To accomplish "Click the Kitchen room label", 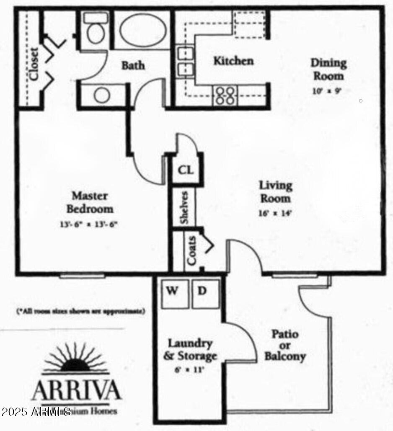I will [233, 61].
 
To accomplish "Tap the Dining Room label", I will [328, 70].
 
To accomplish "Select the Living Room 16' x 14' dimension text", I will [275, 213].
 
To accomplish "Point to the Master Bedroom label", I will [90, 202].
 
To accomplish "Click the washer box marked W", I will [172, 291].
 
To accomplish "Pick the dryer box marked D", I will [202, 291].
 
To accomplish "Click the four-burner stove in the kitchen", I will [225, 95].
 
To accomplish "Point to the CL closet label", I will [185, 170].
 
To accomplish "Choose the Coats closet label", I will [191, 251].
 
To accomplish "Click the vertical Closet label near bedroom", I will [33, 63].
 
